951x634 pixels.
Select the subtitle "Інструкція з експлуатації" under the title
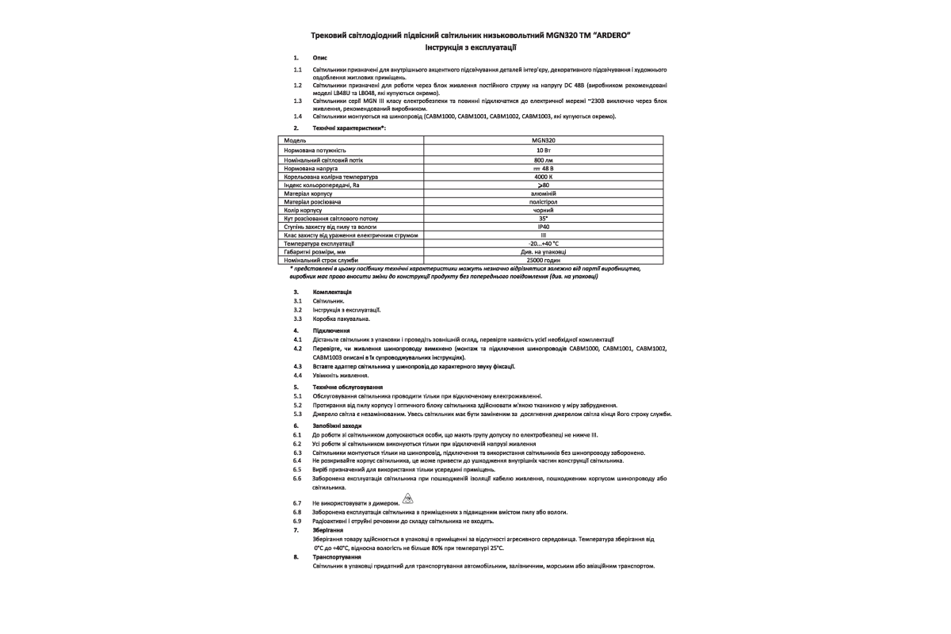(475, 48)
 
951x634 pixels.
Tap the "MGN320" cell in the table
(544, 140)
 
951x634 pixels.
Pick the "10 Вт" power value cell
(544, 150)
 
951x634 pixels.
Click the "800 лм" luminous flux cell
(544, 159)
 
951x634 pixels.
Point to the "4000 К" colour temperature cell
(544, 178)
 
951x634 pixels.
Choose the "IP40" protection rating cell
(544, 227)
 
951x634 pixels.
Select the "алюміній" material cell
(544, 193)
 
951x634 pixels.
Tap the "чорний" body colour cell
(544, 210)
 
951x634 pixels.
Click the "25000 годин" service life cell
(544, 260)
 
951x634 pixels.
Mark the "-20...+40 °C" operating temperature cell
(544, 243)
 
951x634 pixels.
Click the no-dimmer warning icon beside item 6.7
(408, 498)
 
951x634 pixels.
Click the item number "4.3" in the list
(297, 366)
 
